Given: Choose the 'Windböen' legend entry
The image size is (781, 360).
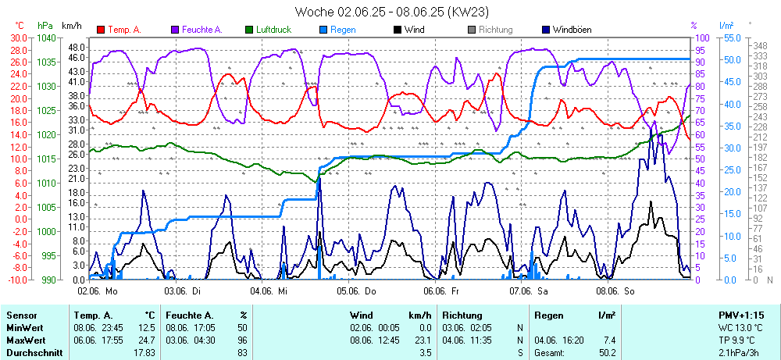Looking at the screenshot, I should click(x=571, y=30).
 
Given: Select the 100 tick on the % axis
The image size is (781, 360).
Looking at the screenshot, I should click(x=702, y=37).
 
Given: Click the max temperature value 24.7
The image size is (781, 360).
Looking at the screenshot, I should click(x=149, y=340).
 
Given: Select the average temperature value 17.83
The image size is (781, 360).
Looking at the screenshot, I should click(x=145, y=353).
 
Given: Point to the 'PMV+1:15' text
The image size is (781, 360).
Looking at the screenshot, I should click(x=741, y=315).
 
